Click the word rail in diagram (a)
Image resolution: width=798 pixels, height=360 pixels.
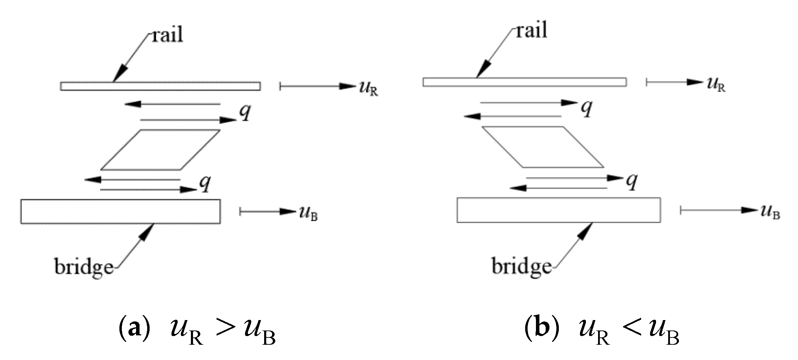point(167,35)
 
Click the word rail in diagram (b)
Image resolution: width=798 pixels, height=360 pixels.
point(531,30)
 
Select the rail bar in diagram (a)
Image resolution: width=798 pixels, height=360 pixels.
point(160,86)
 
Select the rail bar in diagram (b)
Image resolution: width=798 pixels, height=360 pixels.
point(524,82)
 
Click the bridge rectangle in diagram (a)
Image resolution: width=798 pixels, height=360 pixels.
point(120,211)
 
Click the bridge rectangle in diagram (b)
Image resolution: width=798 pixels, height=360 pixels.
point(558,210)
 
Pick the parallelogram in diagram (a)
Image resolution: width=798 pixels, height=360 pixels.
point(160,150)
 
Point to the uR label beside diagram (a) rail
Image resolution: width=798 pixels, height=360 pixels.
point(368,88)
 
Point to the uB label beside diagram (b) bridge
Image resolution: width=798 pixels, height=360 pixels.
point(770,212)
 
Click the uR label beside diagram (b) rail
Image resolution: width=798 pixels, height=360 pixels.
point(716,85)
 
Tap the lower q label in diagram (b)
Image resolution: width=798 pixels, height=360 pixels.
point(632,181)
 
